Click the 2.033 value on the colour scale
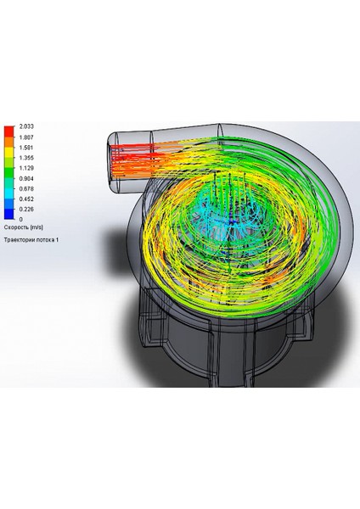pyautogui.click(x=26, y=126)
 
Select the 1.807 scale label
pyautogui.click(x=26, y=137)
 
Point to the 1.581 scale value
pyautogui.click(x=26, y=148)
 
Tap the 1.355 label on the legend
pyautogui.click(x=26, y=158)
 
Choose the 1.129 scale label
pyautogui.click(x=26, y=168)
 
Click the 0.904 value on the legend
pyautogui.click(x=26, y=178)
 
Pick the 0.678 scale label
pyautogui.click(x=26, y=188)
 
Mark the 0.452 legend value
pyautogui.click(x=26, y=199)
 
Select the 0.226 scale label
pyautogui.click(x=26, y=210)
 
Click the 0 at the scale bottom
pyautogui.click(x=21, y=220)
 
